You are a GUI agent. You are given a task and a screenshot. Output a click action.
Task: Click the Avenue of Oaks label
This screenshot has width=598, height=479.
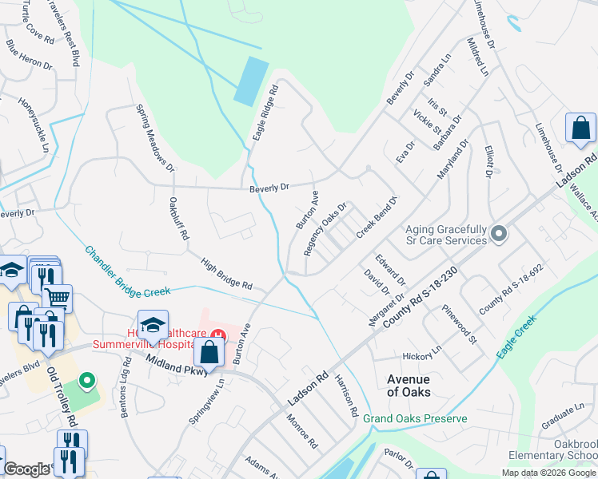pos(409,386)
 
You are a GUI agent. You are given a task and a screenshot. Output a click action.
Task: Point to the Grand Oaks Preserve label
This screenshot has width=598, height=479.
pos(415,418)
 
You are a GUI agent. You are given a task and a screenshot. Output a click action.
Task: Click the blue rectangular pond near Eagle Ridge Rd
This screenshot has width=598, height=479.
pos(252,80)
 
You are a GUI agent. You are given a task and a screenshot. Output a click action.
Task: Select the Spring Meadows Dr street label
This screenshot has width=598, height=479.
pos(155,137)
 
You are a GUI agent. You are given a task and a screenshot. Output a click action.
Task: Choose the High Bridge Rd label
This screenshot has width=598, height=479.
pos(226,273)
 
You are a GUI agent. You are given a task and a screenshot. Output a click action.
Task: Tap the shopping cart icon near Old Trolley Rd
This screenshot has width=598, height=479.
pos(57,298)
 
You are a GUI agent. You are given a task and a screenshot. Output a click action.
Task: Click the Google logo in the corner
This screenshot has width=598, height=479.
pos(26,470)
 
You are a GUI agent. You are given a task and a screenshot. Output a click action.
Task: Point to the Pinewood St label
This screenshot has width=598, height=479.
pos(461,329)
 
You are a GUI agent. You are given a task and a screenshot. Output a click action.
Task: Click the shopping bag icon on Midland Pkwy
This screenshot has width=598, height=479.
pos(209,351)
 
